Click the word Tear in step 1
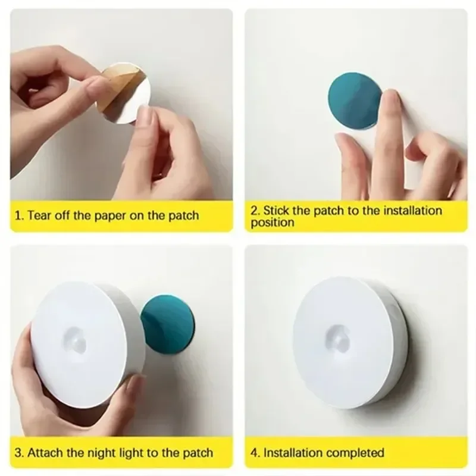(x=39, y=215)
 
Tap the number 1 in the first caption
(x=18, y=215)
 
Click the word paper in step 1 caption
(x=122, y=215)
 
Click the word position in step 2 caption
(x=272, y=223)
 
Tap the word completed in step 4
(x=355, y=453)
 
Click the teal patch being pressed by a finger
(x=353, y=100)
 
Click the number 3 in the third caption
(x=18, y=453)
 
